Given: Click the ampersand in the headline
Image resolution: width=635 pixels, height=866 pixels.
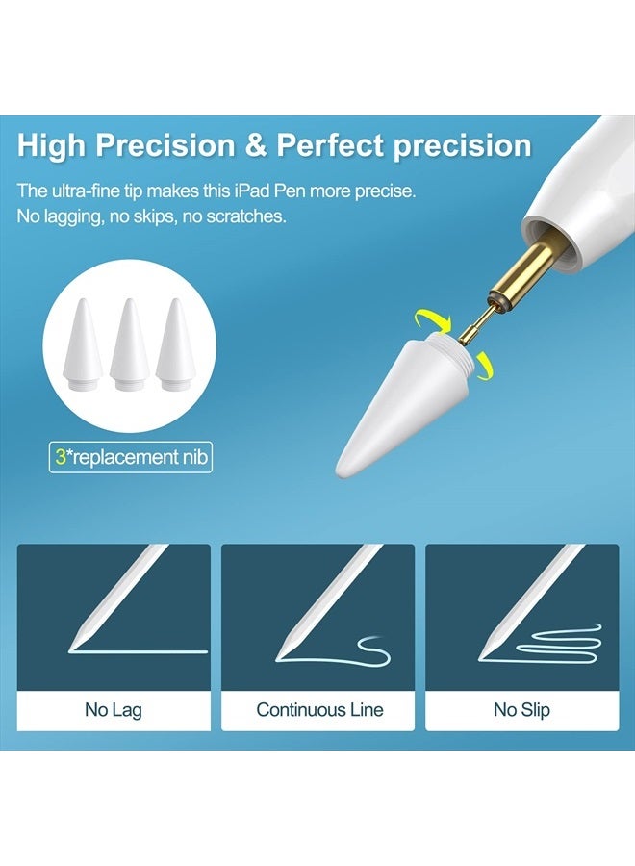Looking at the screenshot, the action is [x=256, y=145].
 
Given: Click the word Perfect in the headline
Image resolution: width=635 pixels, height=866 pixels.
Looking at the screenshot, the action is [x=330, y=145].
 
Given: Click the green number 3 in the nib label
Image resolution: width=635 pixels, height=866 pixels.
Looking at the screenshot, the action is [x=61, y=457].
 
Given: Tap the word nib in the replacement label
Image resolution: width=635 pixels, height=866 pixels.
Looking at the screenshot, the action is [x=196, y=457].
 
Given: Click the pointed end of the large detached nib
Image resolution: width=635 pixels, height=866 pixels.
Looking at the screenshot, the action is [x=338, y=471].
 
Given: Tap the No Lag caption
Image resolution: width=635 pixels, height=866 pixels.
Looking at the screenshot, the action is [x=114, y=710].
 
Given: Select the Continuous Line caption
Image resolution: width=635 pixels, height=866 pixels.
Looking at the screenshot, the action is [x=319, y=710].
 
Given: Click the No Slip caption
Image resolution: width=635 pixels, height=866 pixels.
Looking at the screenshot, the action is [x=521, y=710].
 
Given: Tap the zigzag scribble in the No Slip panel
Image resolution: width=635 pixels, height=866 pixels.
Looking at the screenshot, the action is [x=558, y=644].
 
